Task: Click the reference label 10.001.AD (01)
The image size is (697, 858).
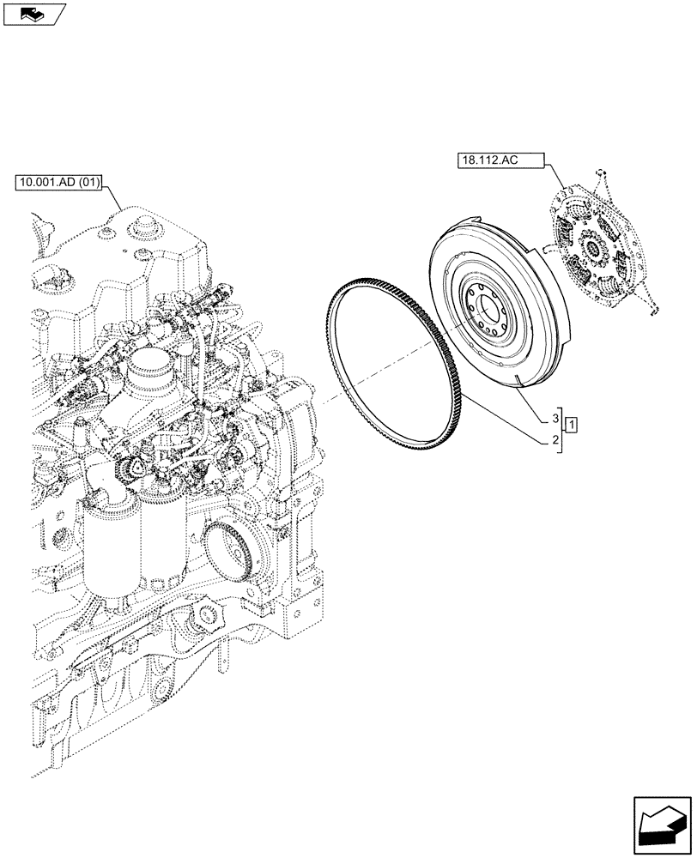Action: tap(58, 183)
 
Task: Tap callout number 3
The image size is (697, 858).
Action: tap(555, 418)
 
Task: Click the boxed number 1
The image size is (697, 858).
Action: tap(572, 422)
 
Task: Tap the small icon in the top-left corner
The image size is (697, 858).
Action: tap(33, 13)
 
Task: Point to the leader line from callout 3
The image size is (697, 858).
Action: tap(532, 406)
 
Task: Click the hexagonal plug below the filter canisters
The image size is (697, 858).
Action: tap(206, 616)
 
